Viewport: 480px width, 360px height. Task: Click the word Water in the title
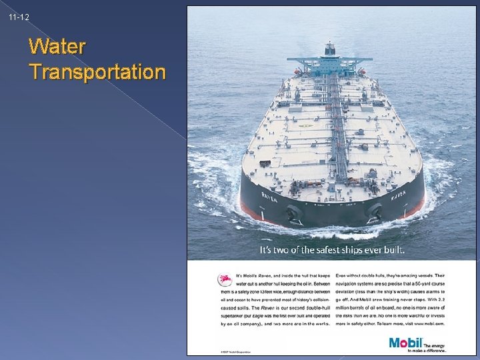pyautogui.click(x=57, y=47)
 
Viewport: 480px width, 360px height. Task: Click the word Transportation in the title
pyautogui.click(x=97, y=71)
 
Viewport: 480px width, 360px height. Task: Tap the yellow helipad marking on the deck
pyautogui.click(x=308, y=125)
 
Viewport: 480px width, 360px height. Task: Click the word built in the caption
pyautogui.click(x=393, y=251)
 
